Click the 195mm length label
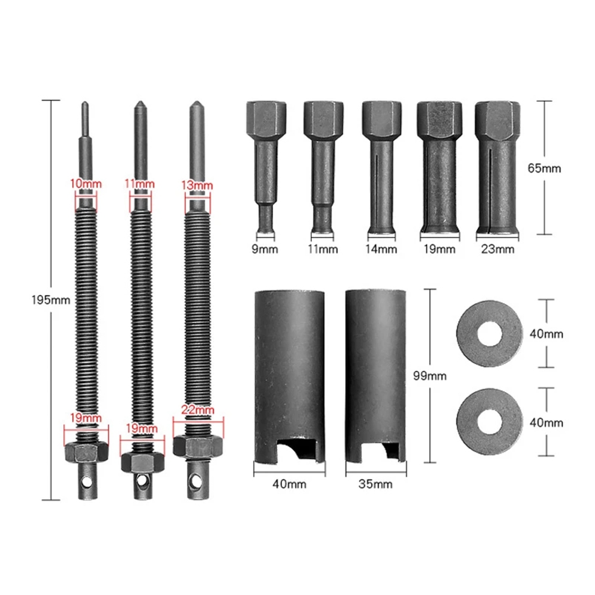click(51, 300)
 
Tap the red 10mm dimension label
click(86, 184)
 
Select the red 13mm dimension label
click(197, 186)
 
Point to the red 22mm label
click(198, 410)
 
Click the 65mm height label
click(544, 168)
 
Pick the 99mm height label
click(430, 376)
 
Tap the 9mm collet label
click(265, 249)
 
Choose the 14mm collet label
click(381, 249)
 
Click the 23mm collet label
click(497, 249)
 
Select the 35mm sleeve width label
click(375, 484)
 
